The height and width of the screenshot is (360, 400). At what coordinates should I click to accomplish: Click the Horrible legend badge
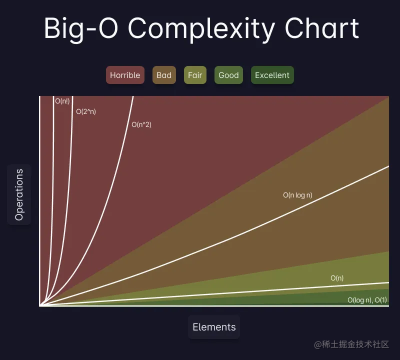[x=125, y=75]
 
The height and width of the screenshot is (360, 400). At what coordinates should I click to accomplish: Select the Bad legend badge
[x=164, y=75]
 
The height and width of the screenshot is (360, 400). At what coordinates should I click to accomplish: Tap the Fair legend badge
[x=195, y=75]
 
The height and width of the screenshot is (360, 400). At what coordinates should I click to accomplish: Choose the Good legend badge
[x=228, y=75]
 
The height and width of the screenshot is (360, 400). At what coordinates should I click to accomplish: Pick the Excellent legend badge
[x=272, y=75]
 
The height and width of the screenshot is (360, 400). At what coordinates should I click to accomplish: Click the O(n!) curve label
[x=62, y=101]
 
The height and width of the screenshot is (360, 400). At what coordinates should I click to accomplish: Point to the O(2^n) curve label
[x=86, y=111]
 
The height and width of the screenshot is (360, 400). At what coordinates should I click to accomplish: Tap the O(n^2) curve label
[x=141, y=124]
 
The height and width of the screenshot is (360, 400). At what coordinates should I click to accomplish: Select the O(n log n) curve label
[x=297, y=195]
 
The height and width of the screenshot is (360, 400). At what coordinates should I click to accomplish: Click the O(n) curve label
[x=337, y=278]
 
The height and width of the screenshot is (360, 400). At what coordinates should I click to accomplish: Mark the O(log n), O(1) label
[x=367, y=300]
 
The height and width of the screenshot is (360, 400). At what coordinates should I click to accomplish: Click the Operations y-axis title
[x=19, y=194]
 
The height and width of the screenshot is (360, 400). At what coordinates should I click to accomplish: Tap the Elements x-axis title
[x=214, y=327]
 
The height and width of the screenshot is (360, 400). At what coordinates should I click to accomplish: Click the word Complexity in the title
[x=201, y=28]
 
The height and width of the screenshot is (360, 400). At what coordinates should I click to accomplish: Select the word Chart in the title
[x=322, y=28]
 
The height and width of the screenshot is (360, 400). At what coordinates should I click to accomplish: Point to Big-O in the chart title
[x=81, y=28]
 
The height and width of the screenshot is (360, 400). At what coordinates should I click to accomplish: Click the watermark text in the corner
[x=351, y=344]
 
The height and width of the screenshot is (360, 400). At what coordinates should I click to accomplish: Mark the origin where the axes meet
[x=40, y=305]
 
